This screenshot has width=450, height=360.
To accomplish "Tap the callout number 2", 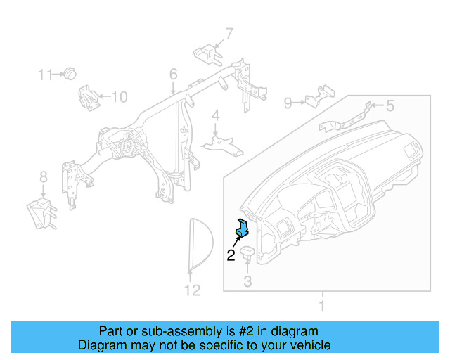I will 230,255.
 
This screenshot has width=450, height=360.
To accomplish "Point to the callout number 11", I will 45,74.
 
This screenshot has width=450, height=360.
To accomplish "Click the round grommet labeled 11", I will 70,73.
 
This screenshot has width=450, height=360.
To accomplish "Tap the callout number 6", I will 173,74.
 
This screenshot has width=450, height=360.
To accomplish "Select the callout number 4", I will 216,115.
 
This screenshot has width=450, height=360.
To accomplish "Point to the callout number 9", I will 288,103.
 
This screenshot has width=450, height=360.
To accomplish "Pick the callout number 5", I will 390,106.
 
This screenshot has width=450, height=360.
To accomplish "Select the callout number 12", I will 192,290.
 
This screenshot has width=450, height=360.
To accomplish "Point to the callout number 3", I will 247,282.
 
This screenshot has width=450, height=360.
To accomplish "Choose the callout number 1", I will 323,307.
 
